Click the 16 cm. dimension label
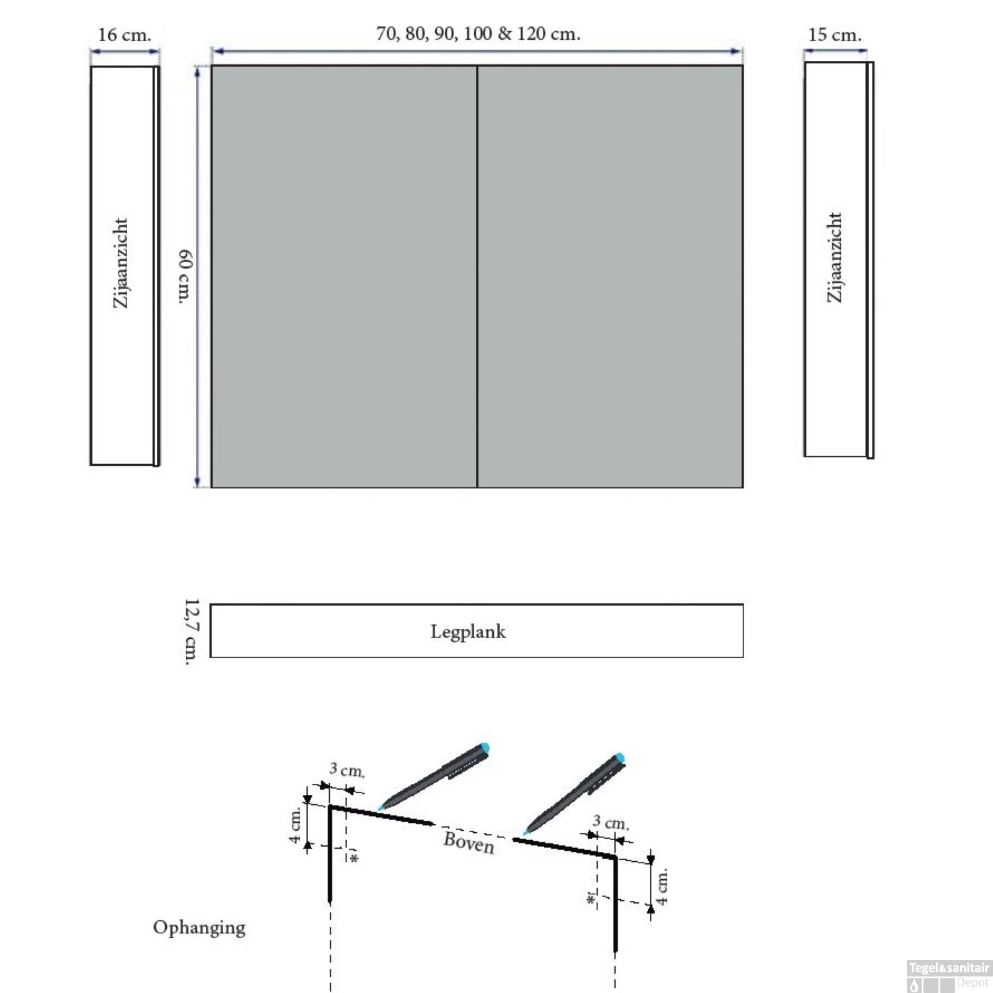coord(124,35)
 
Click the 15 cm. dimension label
coord(835,35)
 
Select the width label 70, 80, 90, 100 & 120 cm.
coord(478,34)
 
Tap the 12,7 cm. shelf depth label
coord(191,632)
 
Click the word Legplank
coord(468,632)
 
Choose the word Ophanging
coord(199,927)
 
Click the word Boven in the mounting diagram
coord(469,842)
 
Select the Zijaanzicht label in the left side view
coord(120,263)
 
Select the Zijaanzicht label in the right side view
coord(835,258)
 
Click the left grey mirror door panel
coord(344,277)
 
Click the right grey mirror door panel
coord(610,277)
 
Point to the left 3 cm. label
coord(347,770)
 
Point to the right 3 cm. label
coord(610,823)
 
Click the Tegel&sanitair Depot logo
coord(949,976)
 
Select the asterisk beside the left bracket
coord(354,859)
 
